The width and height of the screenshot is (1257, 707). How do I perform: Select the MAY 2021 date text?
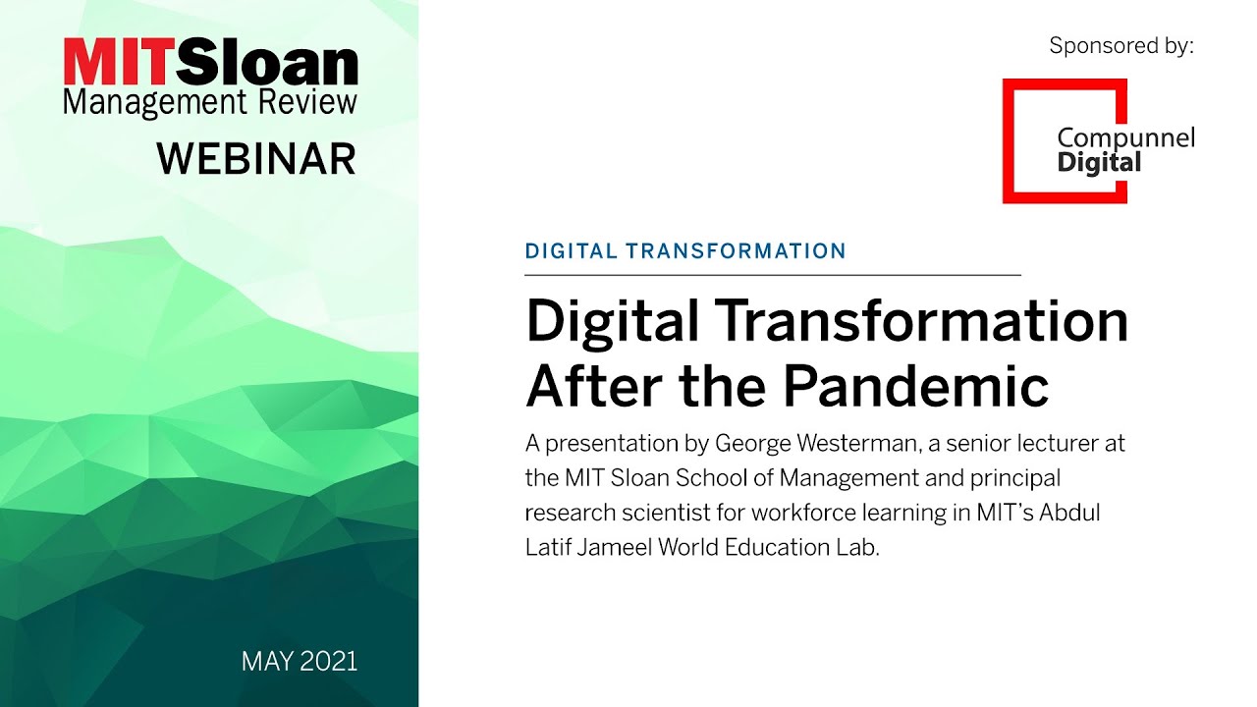coord(300,662)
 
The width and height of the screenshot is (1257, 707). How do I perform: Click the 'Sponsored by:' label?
coord(1121,46)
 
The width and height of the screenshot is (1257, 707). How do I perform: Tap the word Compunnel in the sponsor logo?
coord(1125,138)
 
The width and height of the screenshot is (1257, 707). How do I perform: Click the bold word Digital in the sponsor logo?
coord(1099,162)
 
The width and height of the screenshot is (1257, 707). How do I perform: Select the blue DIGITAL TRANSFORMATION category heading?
coord(685,251)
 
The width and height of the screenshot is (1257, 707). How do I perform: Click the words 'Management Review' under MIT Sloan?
coord(210,101)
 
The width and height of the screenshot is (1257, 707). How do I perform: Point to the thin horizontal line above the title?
coord(773,275)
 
